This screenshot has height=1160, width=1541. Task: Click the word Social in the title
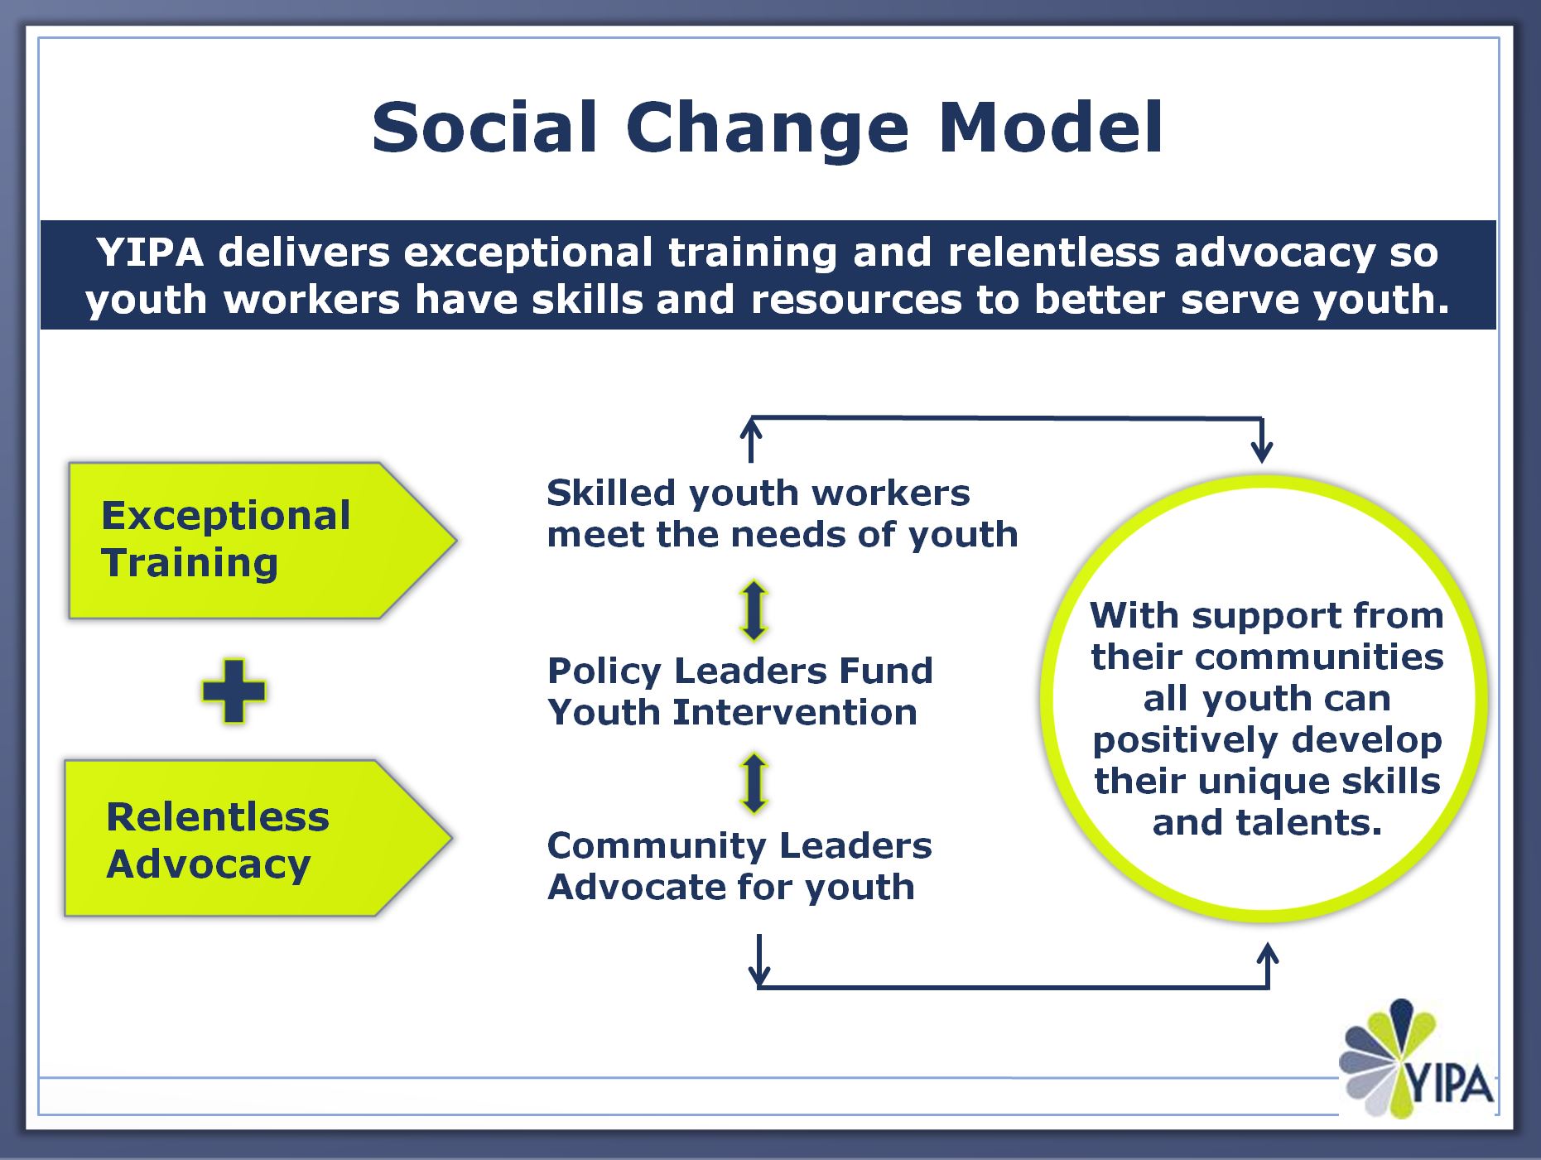[484, 127]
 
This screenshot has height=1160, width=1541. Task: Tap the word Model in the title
[1052, 127]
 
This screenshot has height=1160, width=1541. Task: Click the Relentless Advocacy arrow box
[258, 838]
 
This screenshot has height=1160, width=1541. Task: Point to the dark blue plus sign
[234, 691]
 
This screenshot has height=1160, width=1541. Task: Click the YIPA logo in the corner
[1417, 1059]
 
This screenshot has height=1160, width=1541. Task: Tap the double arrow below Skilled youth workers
[754, 611]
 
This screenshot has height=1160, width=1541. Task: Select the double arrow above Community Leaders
[754, 782]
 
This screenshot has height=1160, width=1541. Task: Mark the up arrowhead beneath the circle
[1268, 954]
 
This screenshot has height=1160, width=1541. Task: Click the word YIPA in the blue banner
[150, 252]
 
